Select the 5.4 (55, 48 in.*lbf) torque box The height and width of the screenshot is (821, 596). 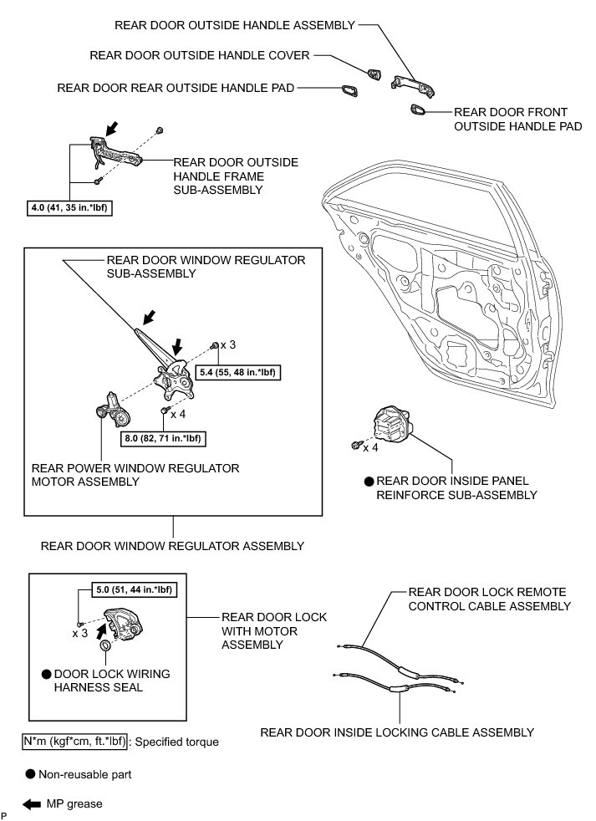(x=238, y=372)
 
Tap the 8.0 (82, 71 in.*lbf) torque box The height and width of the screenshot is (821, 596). (x=162, y=437)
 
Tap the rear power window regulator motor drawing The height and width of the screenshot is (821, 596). (x=112, y=409)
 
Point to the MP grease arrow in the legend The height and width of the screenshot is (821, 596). (x=32, y=804)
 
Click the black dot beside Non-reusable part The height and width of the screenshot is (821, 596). (x=30, y=774)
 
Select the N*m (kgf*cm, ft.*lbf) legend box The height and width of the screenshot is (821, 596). (x=74, y=741)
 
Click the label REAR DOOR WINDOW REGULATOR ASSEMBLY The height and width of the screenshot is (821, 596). (x=171, y=546)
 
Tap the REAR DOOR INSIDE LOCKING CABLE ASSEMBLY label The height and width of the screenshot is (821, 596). (x=397, y=732)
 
